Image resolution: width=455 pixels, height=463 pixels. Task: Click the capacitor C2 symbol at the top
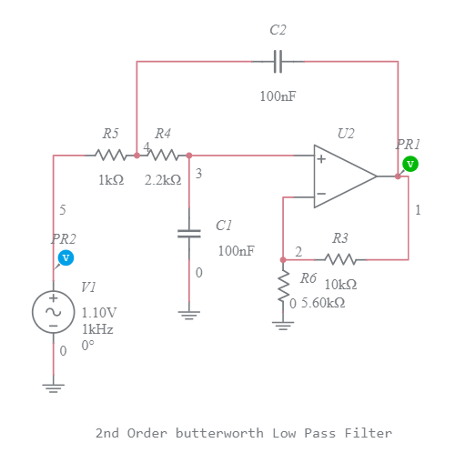click(x=279, y=61)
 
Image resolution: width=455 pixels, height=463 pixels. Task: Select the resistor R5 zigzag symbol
click(x=110, y=156)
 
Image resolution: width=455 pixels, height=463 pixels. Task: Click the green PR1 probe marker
click(x=409, y=164)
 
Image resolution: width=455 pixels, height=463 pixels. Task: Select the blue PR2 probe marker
click(x=66, y=258)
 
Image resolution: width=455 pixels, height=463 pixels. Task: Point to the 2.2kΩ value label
click(x=163, y=180)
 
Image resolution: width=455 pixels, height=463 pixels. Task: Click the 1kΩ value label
click(x=111, y=180)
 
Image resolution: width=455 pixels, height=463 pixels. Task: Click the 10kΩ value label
click(x=340, y=284)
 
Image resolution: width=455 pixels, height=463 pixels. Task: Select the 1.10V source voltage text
click(x=99, y=312)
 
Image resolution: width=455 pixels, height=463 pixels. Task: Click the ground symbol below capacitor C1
click(x=188, y=316)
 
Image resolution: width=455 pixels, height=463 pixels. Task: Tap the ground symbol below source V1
click(x=53, y=388)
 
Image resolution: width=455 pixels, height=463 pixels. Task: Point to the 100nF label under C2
click(x=278, y=96)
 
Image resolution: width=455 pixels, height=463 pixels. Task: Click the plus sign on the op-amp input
click(x=321, y=158)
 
